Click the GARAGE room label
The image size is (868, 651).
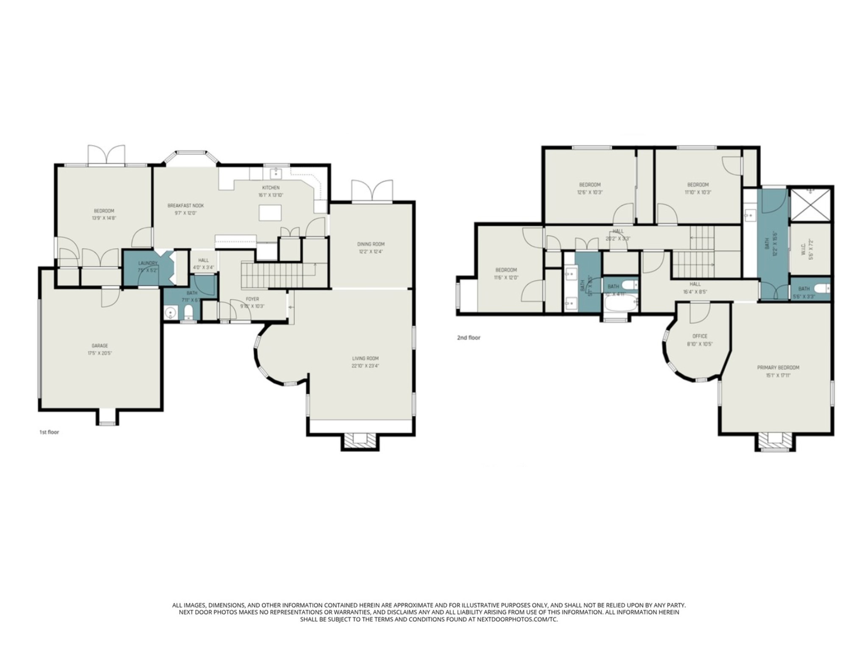[100, 345]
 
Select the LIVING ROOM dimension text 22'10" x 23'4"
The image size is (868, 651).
[365, 365]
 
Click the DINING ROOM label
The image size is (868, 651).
[371, 244]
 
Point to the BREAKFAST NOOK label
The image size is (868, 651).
[186, 206]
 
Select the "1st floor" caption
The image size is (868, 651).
[49, 432]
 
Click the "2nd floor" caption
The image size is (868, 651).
[468, 338]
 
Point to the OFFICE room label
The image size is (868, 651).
[700, 336]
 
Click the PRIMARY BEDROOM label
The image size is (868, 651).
[778, 367]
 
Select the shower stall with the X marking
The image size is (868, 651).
[810, 204]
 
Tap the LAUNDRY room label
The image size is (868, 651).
[147, 263]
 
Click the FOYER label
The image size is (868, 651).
[252, 299]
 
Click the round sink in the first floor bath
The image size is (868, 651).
[170, 314]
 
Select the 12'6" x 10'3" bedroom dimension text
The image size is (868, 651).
[590, 192]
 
